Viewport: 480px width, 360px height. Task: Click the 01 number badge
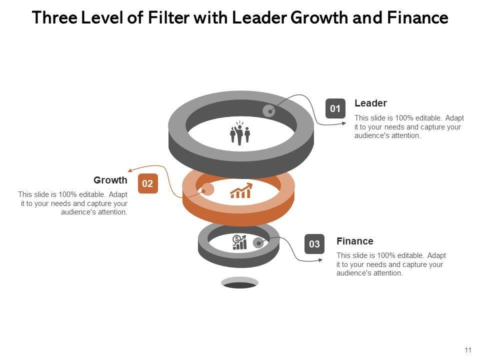pyautogui.click(x=335, y=108)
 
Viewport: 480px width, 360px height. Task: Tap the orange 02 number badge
pyautogui.click(x=147, y=184)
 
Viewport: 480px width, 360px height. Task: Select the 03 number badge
pyautogui.click(x=314, y=244)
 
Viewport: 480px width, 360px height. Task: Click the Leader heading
pyautogui.click(x=370, y=103)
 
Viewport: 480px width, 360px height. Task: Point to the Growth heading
pyautogui.click(x=110, y=180)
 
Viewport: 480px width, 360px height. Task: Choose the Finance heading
pyautogui.click(x=354, y=241)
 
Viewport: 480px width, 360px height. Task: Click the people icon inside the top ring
pyautogui.click(x=240, y=133)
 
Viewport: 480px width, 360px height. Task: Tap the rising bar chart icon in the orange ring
pyautogui.click(x=241, y=191)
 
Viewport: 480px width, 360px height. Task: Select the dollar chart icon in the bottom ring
pyautogui.click(x=239, y=242)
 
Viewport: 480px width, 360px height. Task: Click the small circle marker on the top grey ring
pyautogui.click(x=269, y=111)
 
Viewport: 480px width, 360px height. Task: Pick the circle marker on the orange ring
pyautogui.click(x=207, y=189)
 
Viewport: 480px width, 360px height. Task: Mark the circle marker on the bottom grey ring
pyautogui.click(x=258, y=243)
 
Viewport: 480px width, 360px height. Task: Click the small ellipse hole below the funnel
pyautogui.click(x=239, y=283)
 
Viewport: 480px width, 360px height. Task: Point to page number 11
pyautogui.click(x=468, y=350)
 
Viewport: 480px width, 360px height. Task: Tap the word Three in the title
pyautogui.click(x=53, y=18)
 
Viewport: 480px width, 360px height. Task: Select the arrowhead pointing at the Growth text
pyautogui.click(x=130, y=171)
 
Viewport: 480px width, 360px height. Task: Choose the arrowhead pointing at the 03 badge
pyautogui.click(x=300, y=259)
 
